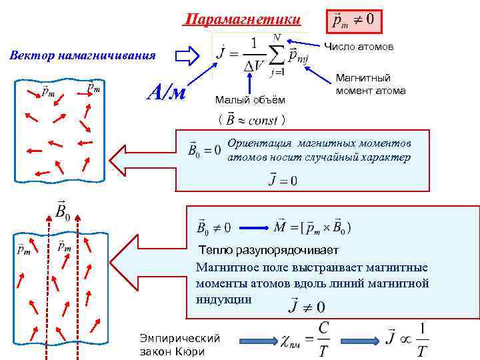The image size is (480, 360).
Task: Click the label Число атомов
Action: tap(359, 47)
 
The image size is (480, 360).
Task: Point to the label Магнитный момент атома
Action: tap(371, 84)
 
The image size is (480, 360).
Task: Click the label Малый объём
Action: tap(250, 100)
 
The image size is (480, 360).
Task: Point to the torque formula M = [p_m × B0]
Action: tap(313, 227)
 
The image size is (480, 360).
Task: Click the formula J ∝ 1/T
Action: tap(407, 341)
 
